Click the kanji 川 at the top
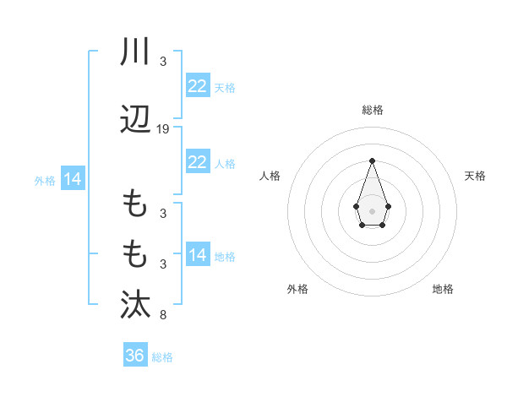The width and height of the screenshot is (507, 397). (x=134, y=52)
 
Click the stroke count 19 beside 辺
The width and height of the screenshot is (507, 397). (x=163, y=129)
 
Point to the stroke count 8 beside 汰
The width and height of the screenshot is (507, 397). (x=162, y=316)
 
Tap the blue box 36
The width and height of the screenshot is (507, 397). (x=134, y=356)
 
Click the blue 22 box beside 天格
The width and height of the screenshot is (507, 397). (x=197, y=86)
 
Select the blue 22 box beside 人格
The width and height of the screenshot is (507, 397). (x=197, y=162)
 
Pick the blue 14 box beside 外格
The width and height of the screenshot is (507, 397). (x=72, y=179)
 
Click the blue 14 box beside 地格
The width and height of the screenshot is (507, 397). (x=197, y=255)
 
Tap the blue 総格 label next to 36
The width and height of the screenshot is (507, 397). (x=162, y=357)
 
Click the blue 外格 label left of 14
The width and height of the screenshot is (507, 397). (x=45, y=180)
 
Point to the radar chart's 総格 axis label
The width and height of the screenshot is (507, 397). (x=372, y=110)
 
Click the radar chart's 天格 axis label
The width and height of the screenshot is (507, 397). (x=475, y=176)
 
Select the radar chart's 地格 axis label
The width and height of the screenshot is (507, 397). (x=443, y=289)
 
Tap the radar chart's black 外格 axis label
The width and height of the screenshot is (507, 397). (x=297, y=289)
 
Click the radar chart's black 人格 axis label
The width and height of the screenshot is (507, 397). (x=270, y=176)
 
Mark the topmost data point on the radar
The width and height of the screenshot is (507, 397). (x=372, y=160)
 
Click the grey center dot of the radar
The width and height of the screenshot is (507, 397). (x=372, y=210)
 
